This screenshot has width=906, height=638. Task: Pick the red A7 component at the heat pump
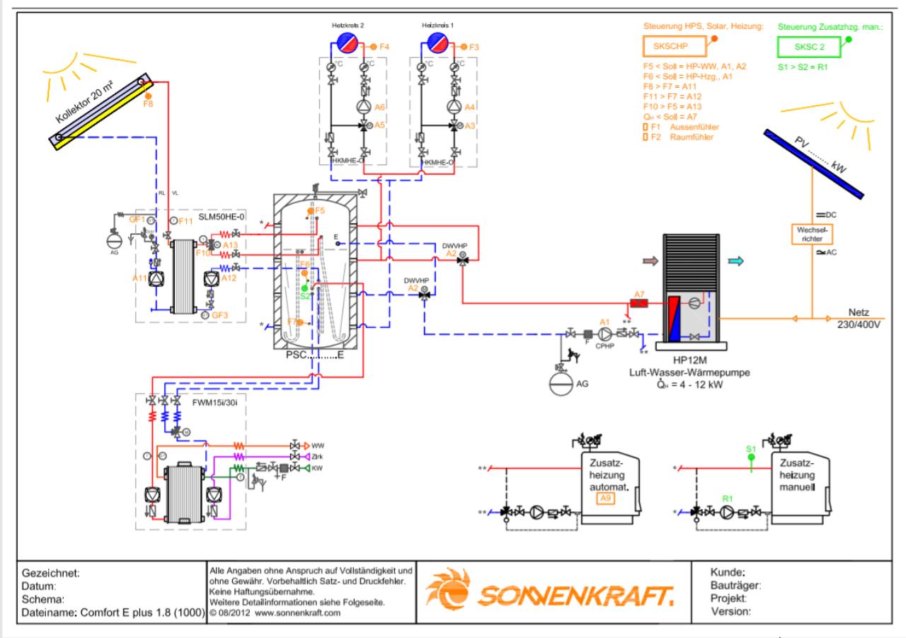639,303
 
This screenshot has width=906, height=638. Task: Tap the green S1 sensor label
751,449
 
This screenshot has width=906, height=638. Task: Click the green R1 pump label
726,499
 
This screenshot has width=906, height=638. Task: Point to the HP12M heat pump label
691,360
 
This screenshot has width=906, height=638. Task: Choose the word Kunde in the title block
726,572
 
